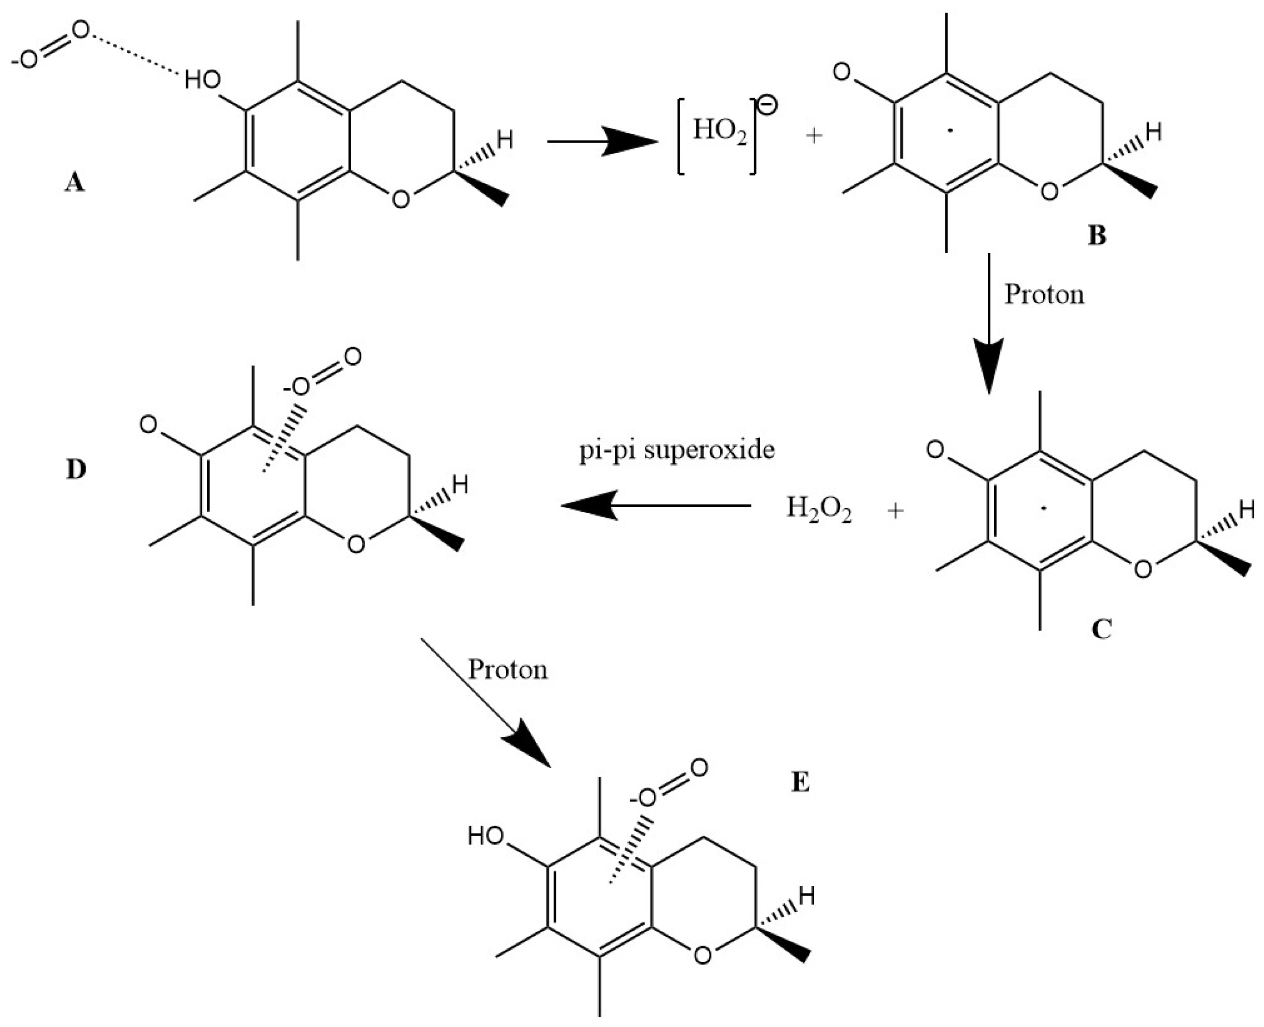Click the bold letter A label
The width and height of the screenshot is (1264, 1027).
(74, 183)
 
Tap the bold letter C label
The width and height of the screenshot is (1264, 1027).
(1101, 630)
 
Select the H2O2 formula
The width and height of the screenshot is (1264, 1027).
(818, 510)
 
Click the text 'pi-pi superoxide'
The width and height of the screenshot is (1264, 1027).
(676, 450)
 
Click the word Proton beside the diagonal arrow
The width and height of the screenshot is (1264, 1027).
(508, 670)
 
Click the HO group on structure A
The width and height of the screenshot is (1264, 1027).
(202, 80)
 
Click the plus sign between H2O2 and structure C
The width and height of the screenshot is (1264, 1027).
(896, 510)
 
